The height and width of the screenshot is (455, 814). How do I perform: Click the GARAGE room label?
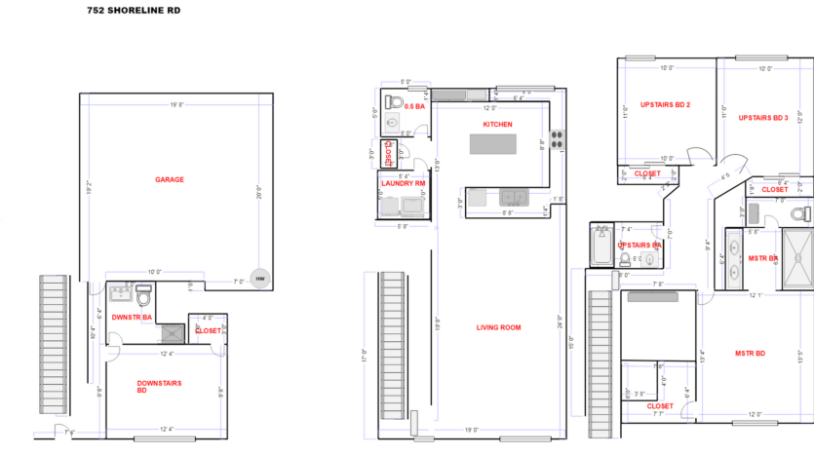click(x=170, y=179)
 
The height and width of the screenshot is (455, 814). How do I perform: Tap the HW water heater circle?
click(x=259, y=279)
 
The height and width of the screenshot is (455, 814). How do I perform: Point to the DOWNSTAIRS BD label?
click(x=159, y=388)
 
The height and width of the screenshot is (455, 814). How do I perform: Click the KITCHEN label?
click(x=497, y=125)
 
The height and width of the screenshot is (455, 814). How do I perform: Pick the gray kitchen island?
click(x=498, y=144)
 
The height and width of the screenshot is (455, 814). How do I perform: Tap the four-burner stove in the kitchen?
click(x=558, y=139)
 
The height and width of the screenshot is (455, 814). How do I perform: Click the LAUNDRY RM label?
click(x=404, y=183)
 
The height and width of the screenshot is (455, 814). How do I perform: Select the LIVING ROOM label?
click(x=498, y=327)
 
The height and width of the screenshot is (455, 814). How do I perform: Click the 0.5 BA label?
click(x=414, y=105)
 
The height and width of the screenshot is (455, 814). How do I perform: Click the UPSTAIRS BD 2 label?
click(x=665, y=104)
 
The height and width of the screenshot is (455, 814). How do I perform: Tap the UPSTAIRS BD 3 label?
click(x=763, y=118)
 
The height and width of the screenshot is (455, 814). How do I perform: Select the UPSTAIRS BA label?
click(x=640, y=246)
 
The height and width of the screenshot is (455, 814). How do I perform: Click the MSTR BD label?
click(x=750, y=353)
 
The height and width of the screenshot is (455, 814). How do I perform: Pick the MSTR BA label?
click(x=762, y=258)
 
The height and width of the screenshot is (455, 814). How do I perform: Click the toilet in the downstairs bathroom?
click(x=144, y=294)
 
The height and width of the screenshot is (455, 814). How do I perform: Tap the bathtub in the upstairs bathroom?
click(x=601, y=246)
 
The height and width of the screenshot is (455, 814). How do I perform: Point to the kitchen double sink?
click(x=511, y=198)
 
